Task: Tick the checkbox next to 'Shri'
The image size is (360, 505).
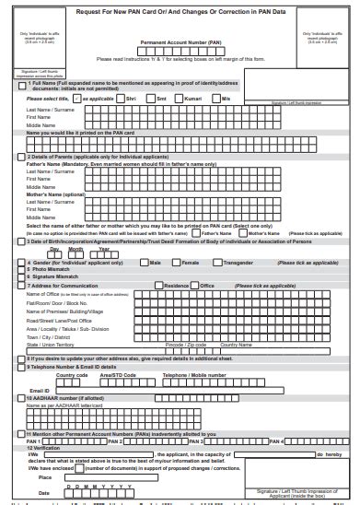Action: click(122, 97)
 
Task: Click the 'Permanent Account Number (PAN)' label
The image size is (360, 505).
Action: click(180, 42)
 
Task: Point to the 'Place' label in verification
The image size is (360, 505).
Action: click(44, 476)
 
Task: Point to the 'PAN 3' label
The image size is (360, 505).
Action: click(196, 441)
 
